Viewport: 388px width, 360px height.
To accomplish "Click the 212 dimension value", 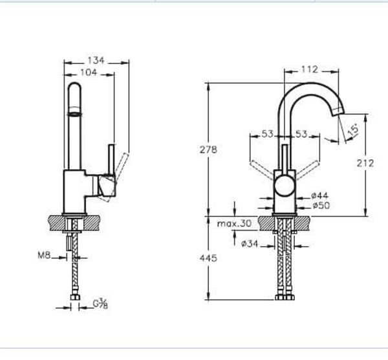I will (x=365, y=163).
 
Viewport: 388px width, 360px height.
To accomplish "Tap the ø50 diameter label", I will (x=320, y=205).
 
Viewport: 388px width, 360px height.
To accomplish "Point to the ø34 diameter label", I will (x=249, y=244).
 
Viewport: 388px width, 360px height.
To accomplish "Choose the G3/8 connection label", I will (x=100, y=303).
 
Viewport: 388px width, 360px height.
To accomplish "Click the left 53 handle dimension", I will (x=268, y=134).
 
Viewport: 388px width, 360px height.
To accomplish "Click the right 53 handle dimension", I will (x=301, y=134).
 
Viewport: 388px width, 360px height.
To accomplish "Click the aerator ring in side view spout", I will (x=75, y=113).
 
